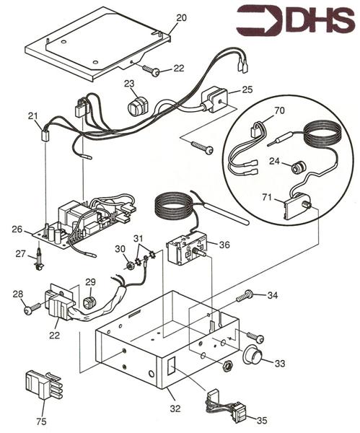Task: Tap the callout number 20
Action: coord(181,17)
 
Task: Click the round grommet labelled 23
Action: coord(136,108)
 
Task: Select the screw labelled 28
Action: coord(30,309)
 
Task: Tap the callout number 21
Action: coord(32,116)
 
